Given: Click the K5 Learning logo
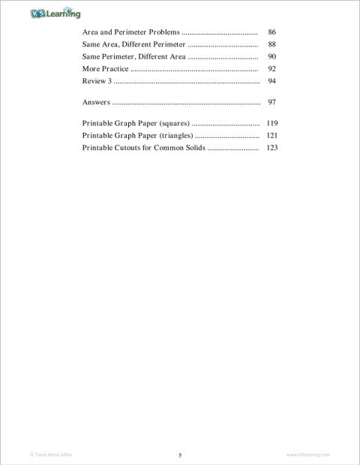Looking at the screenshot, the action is pos(55,13).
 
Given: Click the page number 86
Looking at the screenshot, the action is pos(272,34).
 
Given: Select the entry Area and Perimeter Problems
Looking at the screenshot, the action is pos(130,34).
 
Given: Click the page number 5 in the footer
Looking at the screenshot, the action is pos(180,455).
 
